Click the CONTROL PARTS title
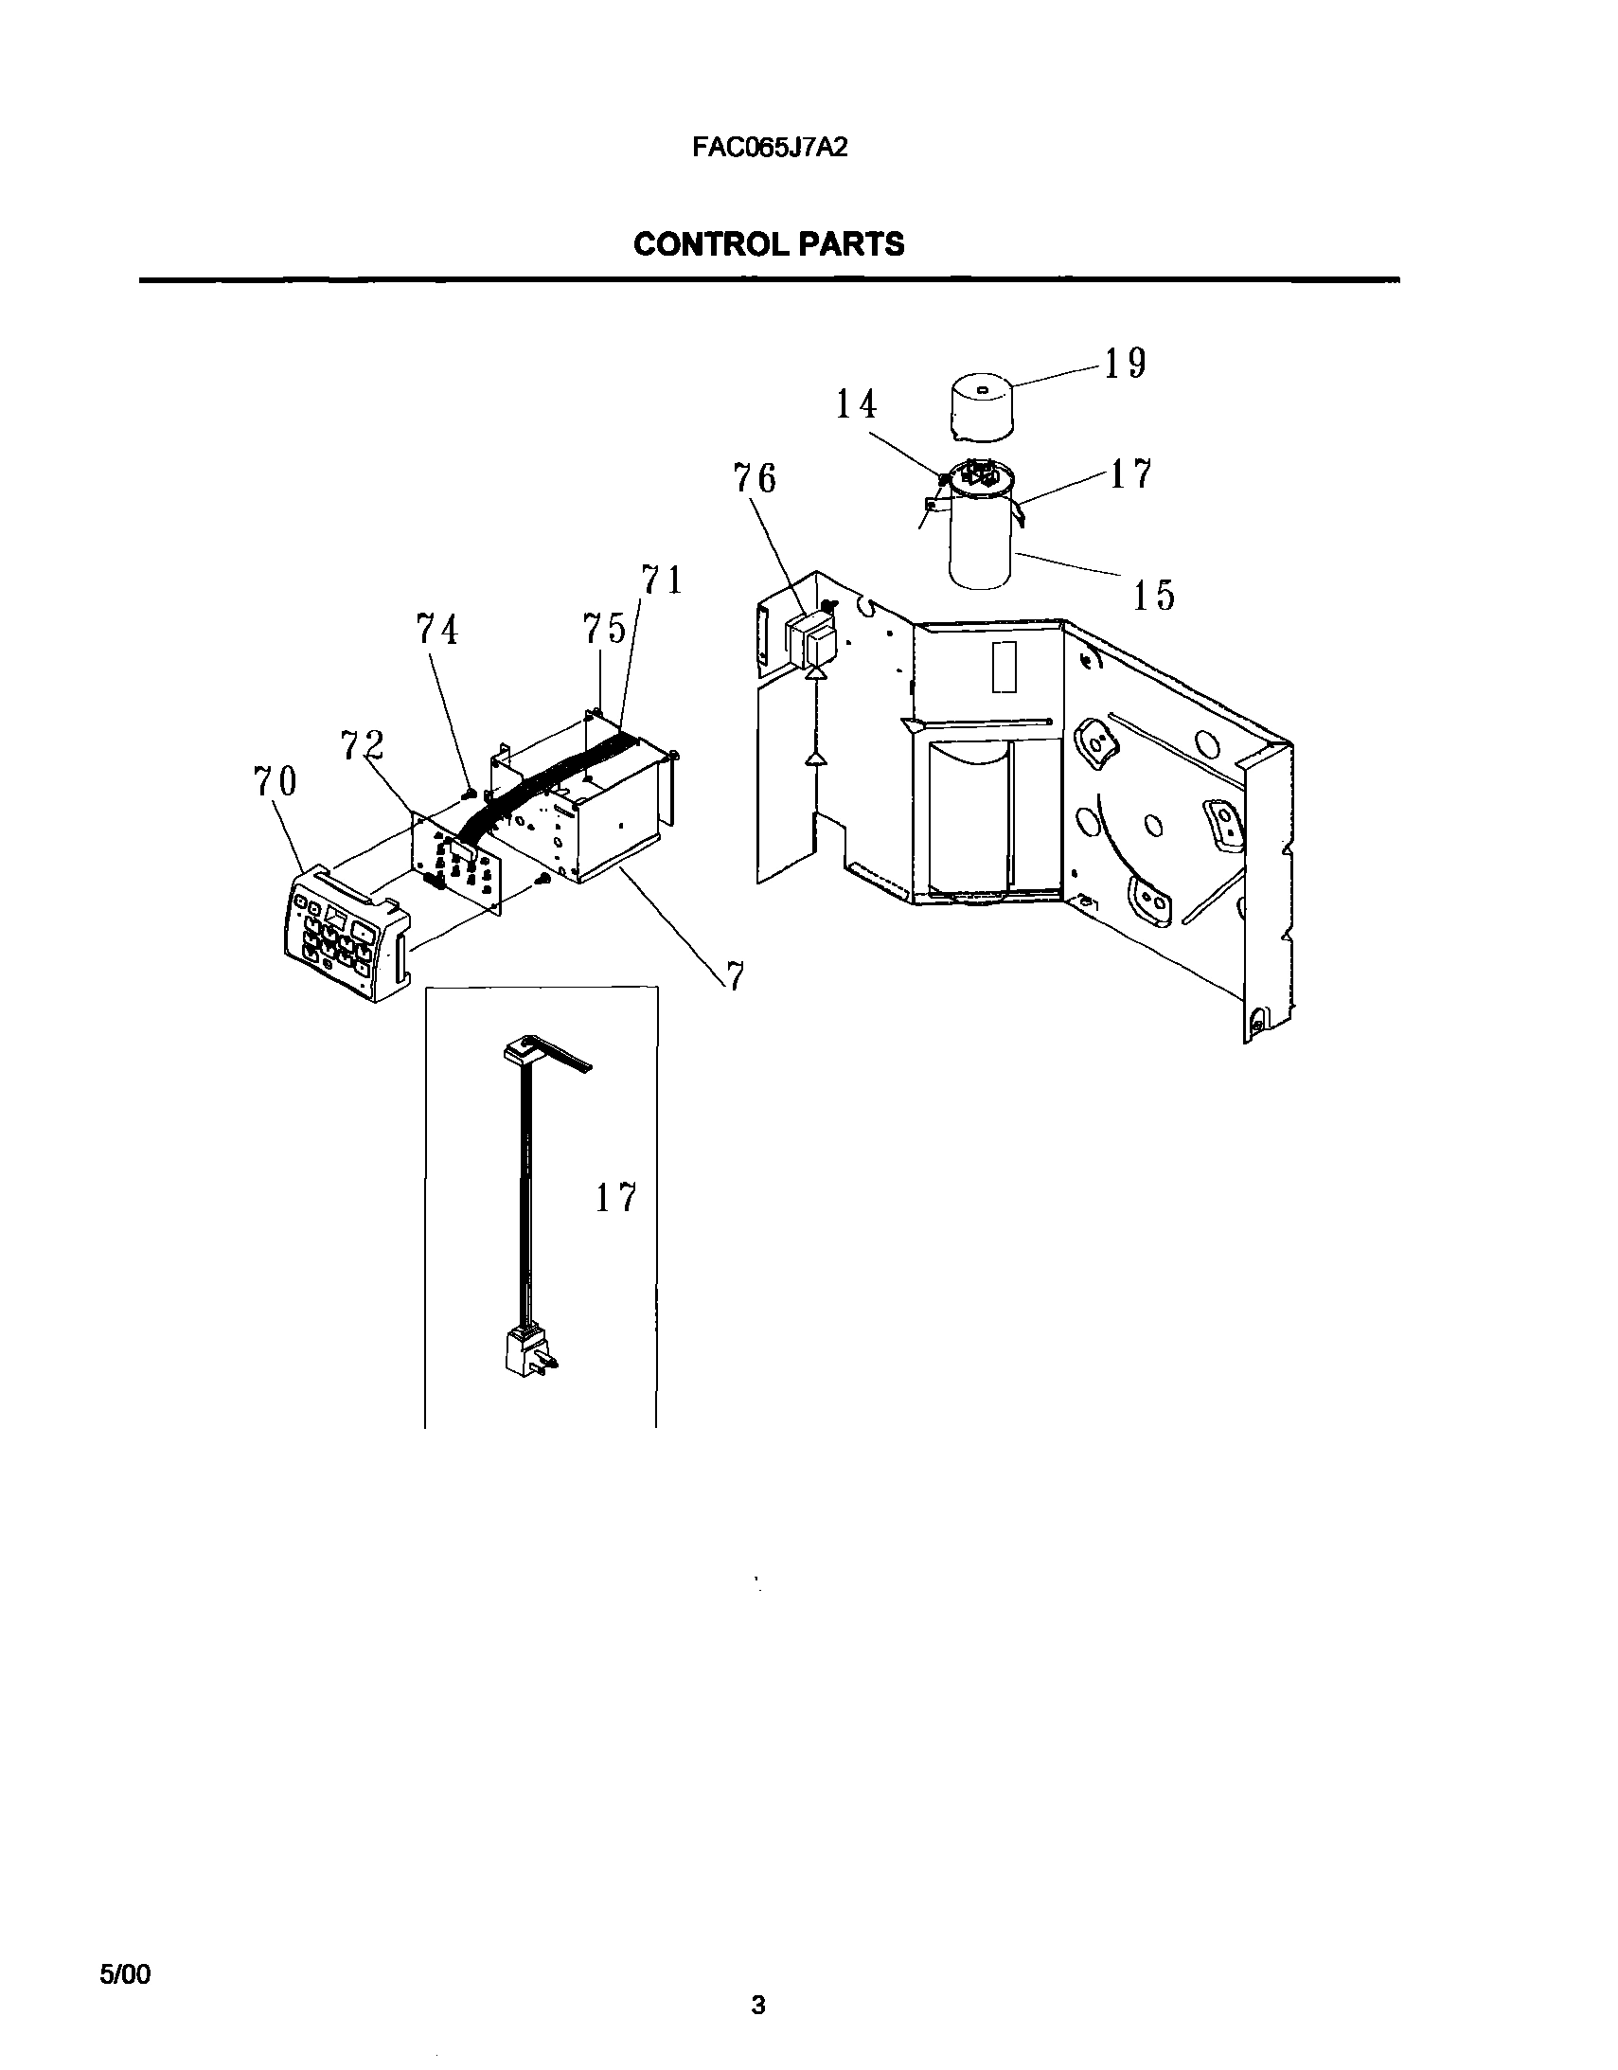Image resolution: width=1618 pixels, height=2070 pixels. (769, 244)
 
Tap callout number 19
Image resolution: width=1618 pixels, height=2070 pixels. (1125, 363)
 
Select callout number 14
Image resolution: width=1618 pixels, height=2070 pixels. (855, 404)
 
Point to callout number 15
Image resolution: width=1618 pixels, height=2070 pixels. (1153, 596)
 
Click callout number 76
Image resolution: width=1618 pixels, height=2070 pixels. (755, 478)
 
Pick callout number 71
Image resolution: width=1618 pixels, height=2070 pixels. (662, 580)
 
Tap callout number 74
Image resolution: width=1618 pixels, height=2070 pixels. (437, 630)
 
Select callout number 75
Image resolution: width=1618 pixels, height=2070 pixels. (604, 629)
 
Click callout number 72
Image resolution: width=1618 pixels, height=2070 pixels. (363, 745)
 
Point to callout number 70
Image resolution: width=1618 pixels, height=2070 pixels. (275, 782)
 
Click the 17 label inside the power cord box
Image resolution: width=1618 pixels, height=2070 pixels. (616, 1198)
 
